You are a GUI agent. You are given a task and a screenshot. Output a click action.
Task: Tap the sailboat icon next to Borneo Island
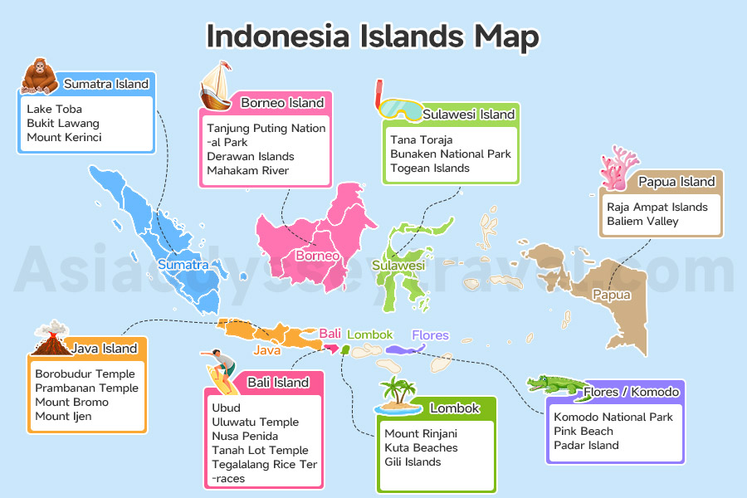(x=217, y=86)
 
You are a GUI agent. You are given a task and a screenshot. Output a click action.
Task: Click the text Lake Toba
(x=54, y=109)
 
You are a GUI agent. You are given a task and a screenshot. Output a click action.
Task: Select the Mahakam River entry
(x=248, y=170)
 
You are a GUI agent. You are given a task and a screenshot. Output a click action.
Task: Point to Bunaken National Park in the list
(x=451, y=154)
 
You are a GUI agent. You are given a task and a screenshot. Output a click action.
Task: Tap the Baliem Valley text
(x=642, y=221)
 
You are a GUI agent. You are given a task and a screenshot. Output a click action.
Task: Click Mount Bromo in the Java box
(x=71, y=402)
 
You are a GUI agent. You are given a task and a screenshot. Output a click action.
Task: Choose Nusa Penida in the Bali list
(x=245, y=436)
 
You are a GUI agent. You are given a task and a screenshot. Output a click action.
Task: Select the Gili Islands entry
(x=413, y=461)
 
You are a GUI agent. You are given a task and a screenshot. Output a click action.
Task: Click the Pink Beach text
(x=583, y=431)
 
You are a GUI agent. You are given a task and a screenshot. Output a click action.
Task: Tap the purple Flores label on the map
(x=430, y=335)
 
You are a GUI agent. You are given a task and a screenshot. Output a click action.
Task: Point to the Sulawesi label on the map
(x=398, y=266)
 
